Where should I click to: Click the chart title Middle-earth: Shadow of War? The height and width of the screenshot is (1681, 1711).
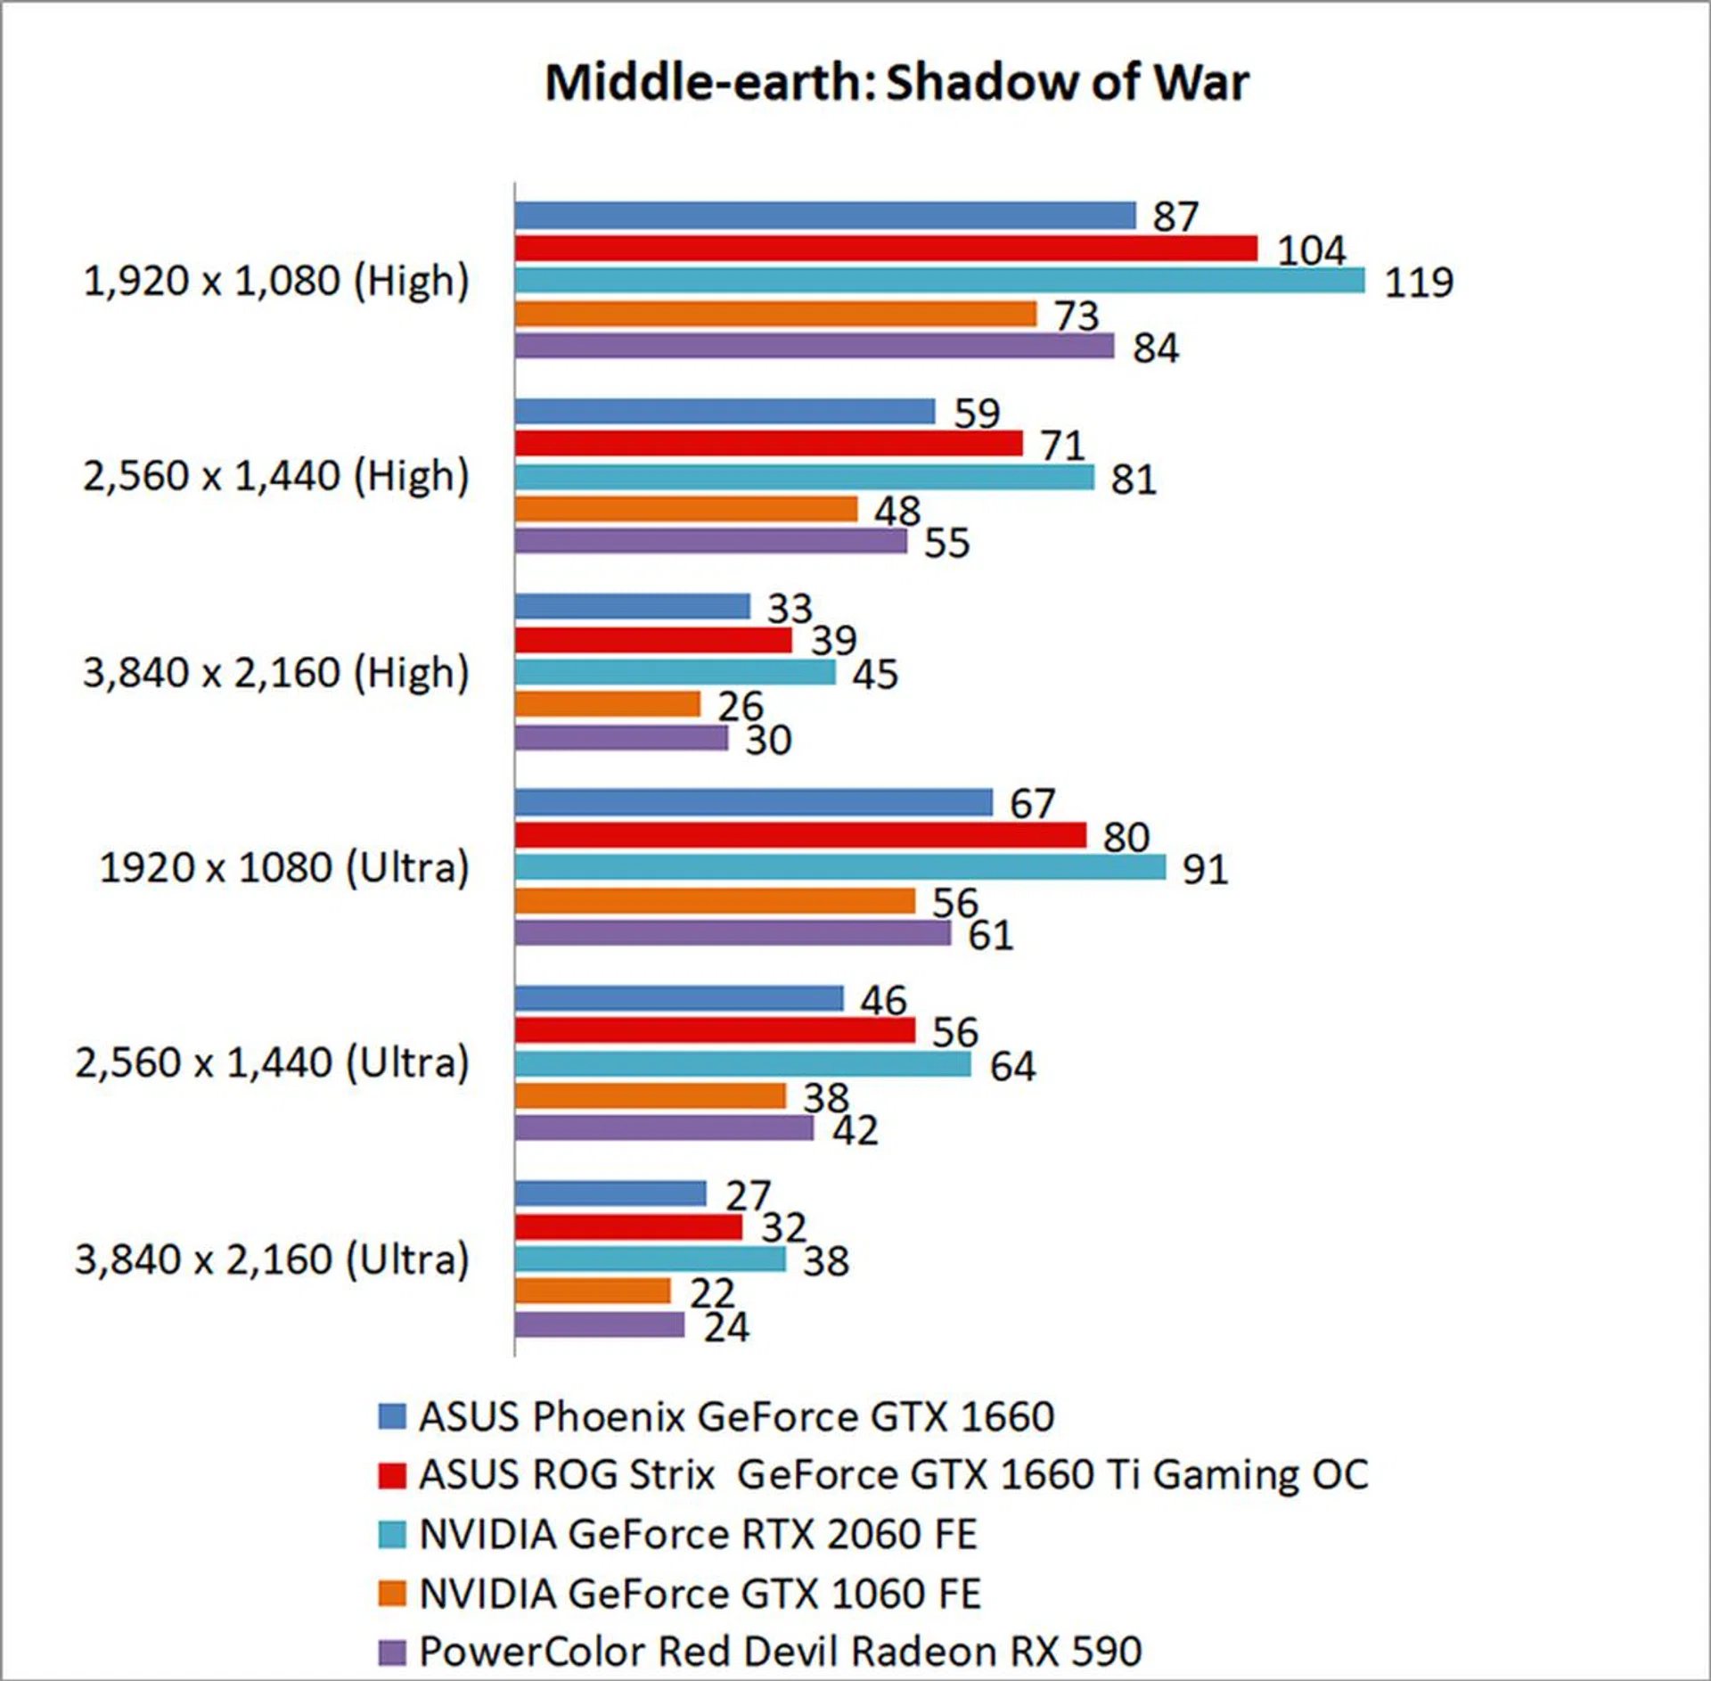point(896,82)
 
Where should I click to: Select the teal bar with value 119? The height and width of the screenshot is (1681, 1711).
point(939,281)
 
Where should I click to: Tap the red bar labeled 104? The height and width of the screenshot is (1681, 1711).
point(886,248)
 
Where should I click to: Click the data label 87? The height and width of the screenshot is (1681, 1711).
point(1175,217)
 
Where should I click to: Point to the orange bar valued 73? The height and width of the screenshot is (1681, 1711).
point(775,314)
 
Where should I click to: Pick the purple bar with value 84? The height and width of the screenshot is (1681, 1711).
point(815,346)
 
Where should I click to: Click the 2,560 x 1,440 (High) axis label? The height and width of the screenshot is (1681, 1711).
point(275,476)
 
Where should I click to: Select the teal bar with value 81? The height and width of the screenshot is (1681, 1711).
point(804,477)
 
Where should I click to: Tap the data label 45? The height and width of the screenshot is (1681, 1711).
point(874,675)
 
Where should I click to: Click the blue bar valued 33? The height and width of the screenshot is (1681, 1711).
point(633,607)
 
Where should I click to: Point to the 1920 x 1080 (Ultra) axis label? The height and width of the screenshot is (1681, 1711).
point(283,867)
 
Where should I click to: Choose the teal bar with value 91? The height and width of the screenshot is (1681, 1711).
point(839,867)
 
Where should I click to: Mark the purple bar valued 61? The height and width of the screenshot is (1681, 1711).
point(733,933)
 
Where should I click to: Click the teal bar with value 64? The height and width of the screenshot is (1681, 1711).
point(742,1063)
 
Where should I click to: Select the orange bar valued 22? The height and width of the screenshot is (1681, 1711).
point(593,1291)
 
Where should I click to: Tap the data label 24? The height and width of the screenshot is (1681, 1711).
point(725,1328)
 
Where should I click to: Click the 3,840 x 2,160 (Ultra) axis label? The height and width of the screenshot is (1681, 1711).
point(271,1259)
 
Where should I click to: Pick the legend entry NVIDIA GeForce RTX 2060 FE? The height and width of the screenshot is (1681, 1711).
point(698,1534)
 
